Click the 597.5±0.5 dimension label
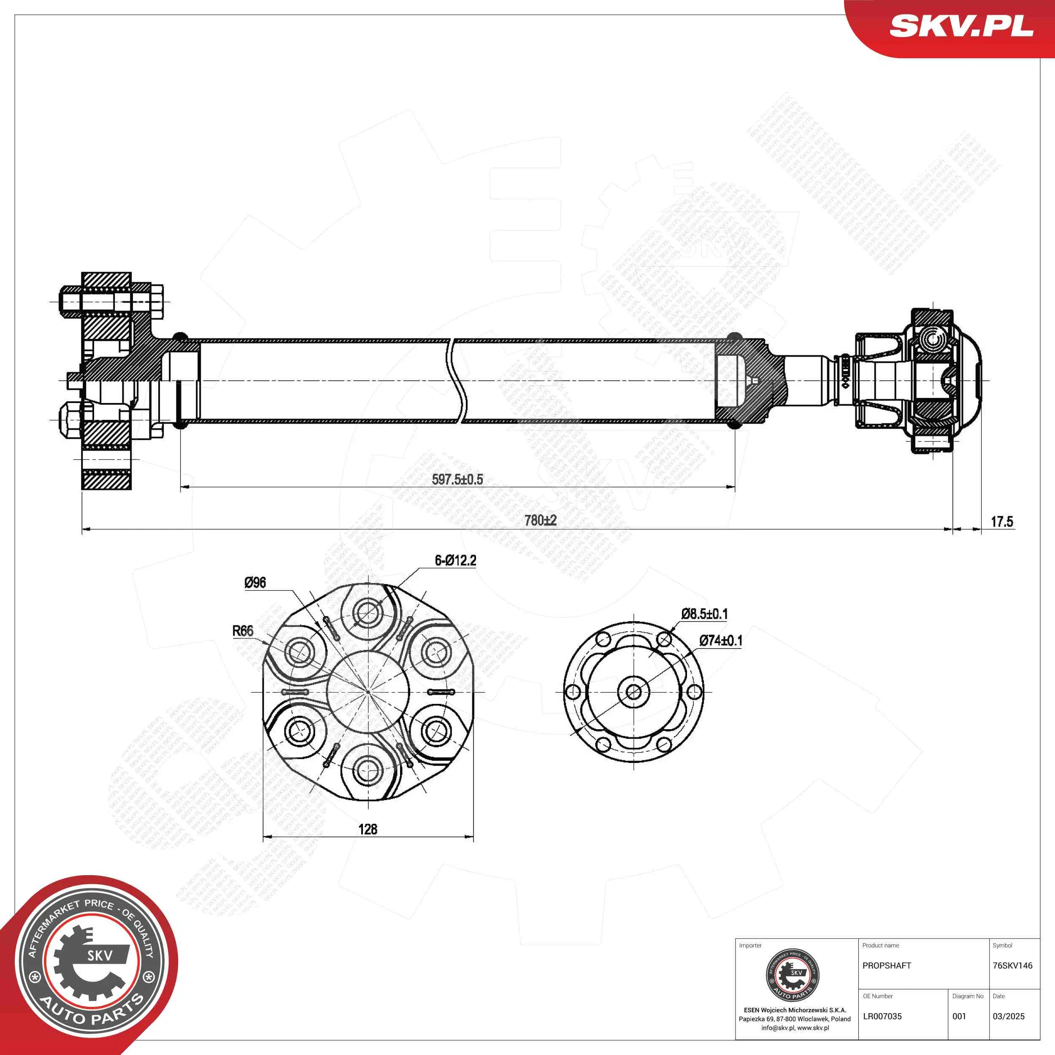click(457, 479)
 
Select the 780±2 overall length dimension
click(540, 520)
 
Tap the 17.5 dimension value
click(1001, 522)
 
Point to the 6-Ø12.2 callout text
click(455, 560)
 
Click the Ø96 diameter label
click(255, 583)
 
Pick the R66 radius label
click(243, 631)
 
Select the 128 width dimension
click(368, 829)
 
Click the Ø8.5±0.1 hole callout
click(704, 614)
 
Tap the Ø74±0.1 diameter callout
click(720, 641)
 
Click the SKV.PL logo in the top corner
click(961, 26)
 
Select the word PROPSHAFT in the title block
click(887, 966)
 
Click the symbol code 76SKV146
click(1012, 966)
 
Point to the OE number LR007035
click(882, 1016)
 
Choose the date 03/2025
click(1009, 1016)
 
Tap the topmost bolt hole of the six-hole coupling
click(368, 611)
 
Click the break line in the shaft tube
click(457, 381)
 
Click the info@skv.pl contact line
click(795, 1028)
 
